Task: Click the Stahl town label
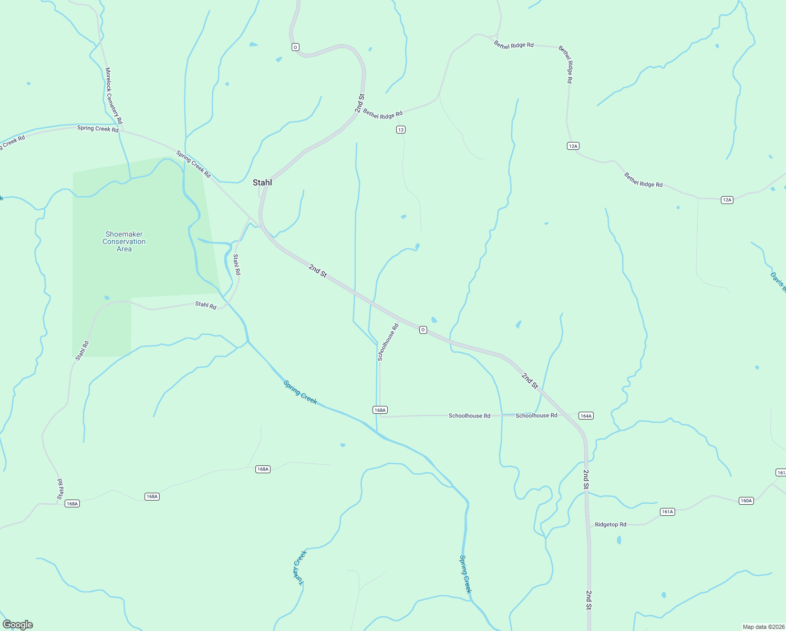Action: pyautogui.click(x=262, y=182)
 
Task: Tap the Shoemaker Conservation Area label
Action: pyautogui.click(x=124, y=242)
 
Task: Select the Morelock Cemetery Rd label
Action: pyautogui.click(x=113, y=96)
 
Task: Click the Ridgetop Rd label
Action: pyautogui.click(x=611, y=524)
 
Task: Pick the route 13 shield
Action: pyautogui.click(x=401, y=130)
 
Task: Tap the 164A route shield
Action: pyautogui.click(x=586, y=415)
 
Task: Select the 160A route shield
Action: pyautogui.click(x=746, y=501)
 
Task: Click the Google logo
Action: pyautogui.click(x=18, y=625)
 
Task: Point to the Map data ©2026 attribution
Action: pyautogui.click(x=763, y=627)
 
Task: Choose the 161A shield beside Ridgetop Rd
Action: pyautogui.click(x=667, y=512)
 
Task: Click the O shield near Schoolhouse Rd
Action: pyautogui.click(x=423, y=330)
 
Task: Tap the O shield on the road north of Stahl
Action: pyautogui.click(x=295, y=47)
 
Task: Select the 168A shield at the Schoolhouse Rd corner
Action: pyautogui.click(x=380, y=410)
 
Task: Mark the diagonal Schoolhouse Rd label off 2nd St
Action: pyautogui.click(x=388, y=342)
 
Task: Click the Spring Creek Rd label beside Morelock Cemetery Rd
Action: pyautogui.click(x=98, y=128)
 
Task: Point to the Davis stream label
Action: pyautogui.click(x=778, y=281)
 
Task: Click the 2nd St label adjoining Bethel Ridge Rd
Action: pyautogui.click(x=359, y=104)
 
